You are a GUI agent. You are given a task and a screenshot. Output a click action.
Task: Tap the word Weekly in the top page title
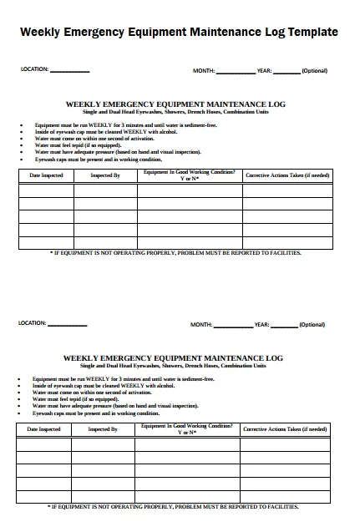coord(42,32)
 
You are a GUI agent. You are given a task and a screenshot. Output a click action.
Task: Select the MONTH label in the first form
coord(204,71)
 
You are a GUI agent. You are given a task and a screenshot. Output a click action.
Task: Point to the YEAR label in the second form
coord(261,324)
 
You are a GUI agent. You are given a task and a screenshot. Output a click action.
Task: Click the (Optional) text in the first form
coord(314,71)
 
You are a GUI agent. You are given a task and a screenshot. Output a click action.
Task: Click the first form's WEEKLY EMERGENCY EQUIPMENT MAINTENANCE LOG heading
coord(175,104)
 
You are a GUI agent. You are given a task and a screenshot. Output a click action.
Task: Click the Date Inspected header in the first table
coord(46,176)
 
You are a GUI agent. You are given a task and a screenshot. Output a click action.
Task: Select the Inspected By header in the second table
coord(103,429)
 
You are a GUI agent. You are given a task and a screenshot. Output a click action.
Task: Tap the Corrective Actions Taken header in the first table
coord(286,176)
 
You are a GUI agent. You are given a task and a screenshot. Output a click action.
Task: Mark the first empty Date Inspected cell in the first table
coord(46,190)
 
